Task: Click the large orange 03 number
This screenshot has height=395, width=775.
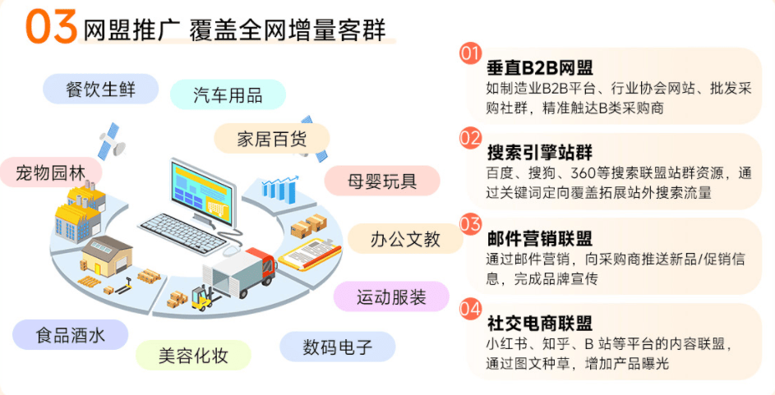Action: (51, 27)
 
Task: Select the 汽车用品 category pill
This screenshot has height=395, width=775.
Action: (228, 94)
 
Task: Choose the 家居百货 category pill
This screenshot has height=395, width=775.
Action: (271, 137)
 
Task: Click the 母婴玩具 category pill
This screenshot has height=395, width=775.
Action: (381, 180)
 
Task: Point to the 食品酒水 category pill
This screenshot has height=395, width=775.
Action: (71, 335)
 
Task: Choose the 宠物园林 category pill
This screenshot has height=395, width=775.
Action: (51, 173)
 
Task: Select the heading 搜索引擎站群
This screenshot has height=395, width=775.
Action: (539, 153)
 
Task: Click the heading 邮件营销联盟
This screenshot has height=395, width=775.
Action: (539, 238)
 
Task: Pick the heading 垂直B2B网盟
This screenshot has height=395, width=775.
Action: (539, 68)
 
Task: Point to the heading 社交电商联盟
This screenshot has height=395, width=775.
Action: (539, 324)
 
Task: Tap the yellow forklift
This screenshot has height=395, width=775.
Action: (201, 297)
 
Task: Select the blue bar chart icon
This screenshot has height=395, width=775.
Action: (278, 186)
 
